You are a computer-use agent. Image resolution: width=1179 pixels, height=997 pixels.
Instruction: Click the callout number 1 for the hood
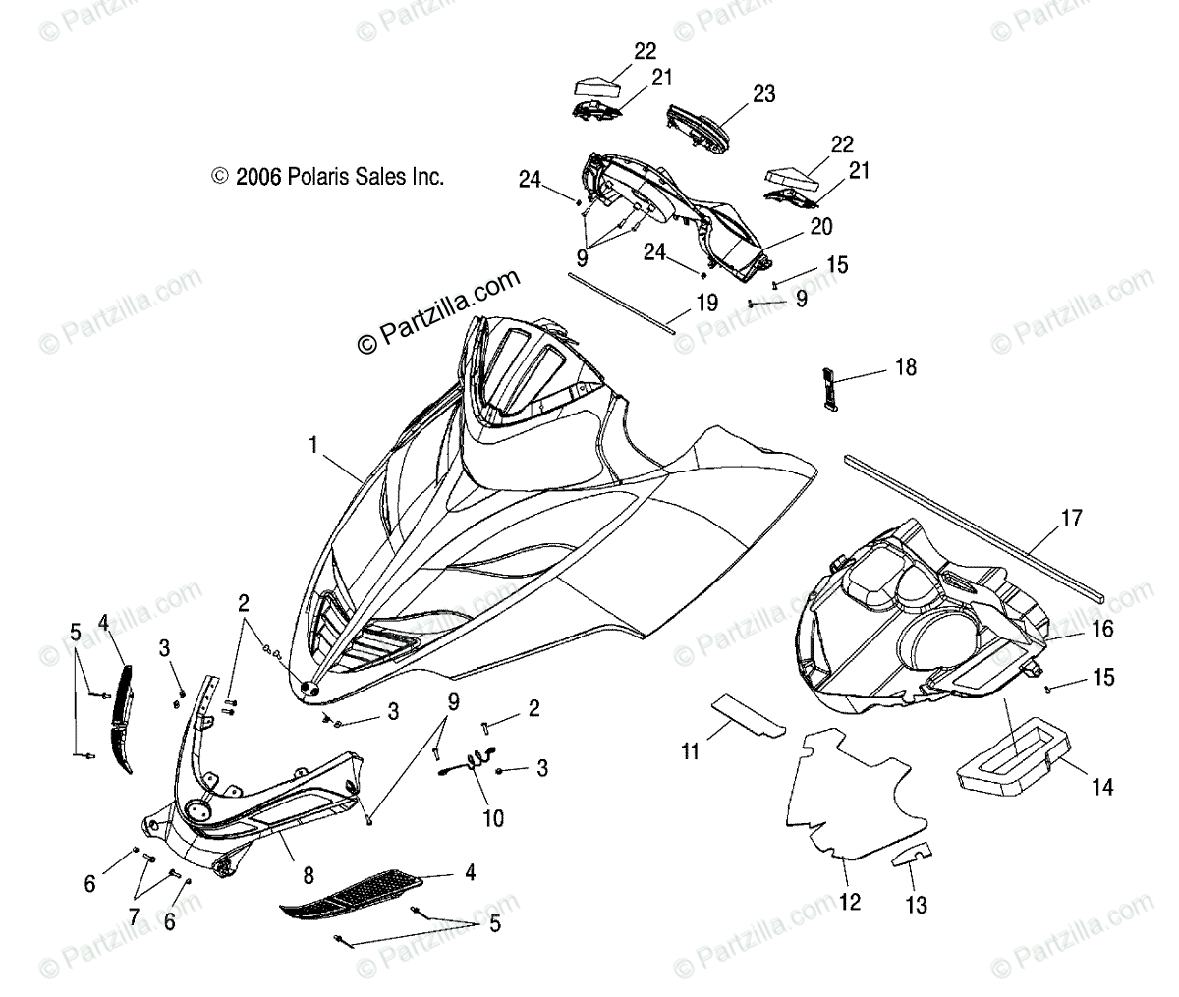point(312,446)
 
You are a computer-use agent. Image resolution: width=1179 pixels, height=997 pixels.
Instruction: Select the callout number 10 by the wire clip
point(492,817)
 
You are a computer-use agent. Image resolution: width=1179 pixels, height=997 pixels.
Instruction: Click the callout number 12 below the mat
point(850,901)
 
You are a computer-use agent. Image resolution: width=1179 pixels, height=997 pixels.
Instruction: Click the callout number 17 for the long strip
point(1071,518)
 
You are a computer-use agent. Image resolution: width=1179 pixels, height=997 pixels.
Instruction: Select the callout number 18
point(905,368)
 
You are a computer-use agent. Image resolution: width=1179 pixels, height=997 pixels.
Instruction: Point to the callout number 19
point(706,304)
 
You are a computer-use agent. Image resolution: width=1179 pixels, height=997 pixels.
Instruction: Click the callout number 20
point(820,227)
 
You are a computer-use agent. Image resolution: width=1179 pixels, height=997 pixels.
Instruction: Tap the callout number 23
point(763,94)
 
